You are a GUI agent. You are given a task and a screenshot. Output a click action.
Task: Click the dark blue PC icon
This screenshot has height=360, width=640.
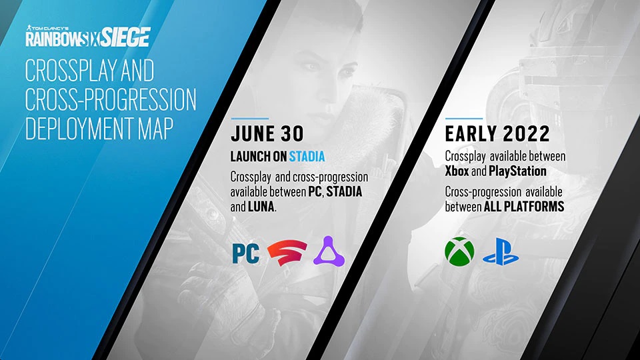coord(245,254)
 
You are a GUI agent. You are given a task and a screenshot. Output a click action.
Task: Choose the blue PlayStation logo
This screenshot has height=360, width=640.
coord(502,254)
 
